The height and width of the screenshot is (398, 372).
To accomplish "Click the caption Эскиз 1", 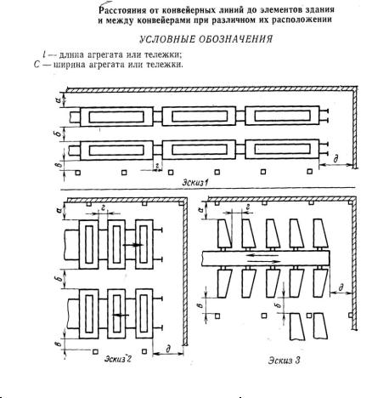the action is pos(195,183).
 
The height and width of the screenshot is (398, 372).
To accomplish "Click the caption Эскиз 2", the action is pos(118,359).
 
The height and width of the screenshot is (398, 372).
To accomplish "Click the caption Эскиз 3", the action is pos(284,361).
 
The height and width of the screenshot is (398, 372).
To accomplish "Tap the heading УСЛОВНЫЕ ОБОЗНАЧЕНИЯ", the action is pos(206,39).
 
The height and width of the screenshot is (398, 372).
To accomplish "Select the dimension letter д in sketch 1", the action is pos(336,158).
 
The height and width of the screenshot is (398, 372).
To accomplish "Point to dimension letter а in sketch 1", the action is pos(58,100).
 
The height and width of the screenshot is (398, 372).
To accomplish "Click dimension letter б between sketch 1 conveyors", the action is pos(58,134).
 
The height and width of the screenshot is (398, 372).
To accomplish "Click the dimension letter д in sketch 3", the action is pos(341,287).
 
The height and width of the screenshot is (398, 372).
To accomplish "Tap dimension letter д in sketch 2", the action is pos(168,349).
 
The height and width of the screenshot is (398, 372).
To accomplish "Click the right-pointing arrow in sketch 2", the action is pos(133,245).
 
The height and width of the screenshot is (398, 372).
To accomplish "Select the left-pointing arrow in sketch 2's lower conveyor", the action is pos(121,315).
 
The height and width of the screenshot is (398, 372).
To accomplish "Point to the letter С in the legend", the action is pos(37,65).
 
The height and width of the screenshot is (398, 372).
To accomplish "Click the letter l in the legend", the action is pos(44,54).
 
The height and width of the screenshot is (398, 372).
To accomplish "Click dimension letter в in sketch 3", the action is pos(200,305).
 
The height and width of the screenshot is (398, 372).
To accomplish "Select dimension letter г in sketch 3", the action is pos(248,208).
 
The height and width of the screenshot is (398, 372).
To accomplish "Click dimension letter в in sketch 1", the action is pos(58,165).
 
